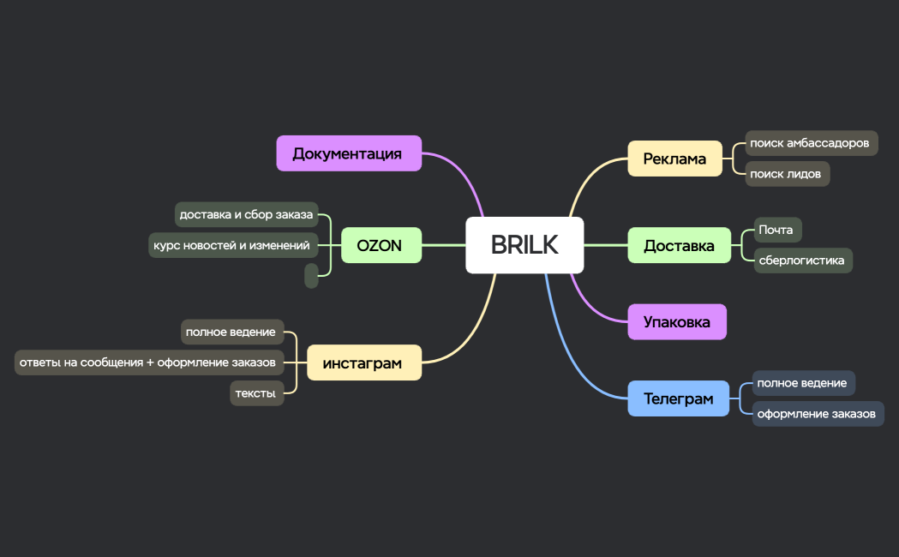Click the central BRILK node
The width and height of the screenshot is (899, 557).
(524, 245)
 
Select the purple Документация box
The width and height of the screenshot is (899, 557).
(349, 153)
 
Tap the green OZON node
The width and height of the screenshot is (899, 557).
(381, 245)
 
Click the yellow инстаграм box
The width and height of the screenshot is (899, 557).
(363, 362)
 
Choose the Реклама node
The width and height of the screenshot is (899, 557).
(674, 159)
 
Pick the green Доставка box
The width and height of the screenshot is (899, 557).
(679, 245)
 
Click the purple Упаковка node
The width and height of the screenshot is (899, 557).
(676, 322)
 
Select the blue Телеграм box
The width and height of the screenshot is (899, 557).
(678, 398)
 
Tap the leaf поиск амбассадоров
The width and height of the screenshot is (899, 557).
(810, 143)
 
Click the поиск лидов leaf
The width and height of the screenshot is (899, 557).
(786, 174)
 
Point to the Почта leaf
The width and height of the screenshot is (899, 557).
(776, 230)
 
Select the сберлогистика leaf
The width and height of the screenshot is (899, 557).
(802, 260)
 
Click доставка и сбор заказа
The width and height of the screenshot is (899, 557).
(246, 214)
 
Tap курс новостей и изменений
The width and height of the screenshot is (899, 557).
(232, 245)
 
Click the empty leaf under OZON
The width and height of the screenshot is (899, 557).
(311, 275)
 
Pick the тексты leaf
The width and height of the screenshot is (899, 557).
(256, 393)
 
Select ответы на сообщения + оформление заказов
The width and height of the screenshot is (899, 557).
(148, 362)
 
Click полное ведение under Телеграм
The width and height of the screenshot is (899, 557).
(803, 383)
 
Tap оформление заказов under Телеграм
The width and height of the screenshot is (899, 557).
(817, 414)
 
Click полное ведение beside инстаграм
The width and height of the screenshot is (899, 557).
(231, 332)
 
